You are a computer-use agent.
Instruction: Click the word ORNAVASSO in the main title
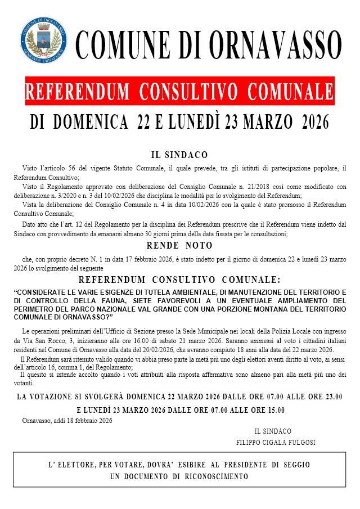point(276,44)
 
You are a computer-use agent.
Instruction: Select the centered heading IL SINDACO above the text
point(179,155)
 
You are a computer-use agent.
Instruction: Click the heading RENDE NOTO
point(179,246)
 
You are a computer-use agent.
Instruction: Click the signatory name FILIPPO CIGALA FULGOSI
point(276,442)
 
